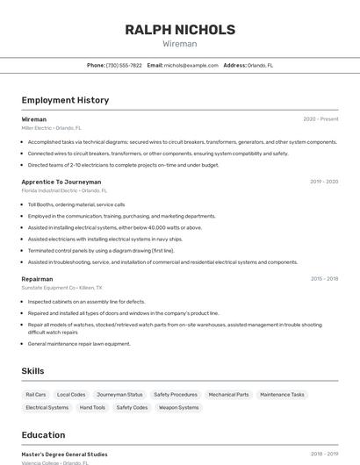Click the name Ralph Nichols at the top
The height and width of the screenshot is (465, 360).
pos(180,30)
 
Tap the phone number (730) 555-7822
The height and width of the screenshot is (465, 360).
pos(124,65)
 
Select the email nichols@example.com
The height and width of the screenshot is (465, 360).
pos(191,65)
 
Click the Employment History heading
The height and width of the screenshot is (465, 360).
pos(65,100)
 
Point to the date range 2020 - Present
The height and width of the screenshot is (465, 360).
pos(320,119)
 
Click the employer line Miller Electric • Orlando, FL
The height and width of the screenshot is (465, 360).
pos(51,128)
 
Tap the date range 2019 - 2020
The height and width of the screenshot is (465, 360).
pos(323,182)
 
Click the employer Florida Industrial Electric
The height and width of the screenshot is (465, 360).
pos(49,190)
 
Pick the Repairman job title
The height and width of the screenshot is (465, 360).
pos(37,279)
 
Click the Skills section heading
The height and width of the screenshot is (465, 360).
pos(32,371)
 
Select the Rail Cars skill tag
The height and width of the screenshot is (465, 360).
pos(36,395)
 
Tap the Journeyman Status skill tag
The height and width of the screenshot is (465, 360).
pos(119,395)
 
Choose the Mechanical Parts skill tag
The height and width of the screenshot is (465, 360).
pos(228,395)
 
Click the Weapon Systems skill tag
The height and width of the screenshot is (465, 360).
pos(178,408)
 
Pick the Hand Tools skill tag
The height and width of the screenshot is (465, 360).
pos(92,408)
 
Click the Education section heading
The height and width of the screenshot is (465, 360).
pos(43,435)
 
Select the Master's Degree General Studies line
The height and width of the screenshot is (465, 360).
pos(64,454)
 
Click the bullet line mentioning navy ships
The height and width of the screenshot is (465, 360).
pos(104,239)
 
